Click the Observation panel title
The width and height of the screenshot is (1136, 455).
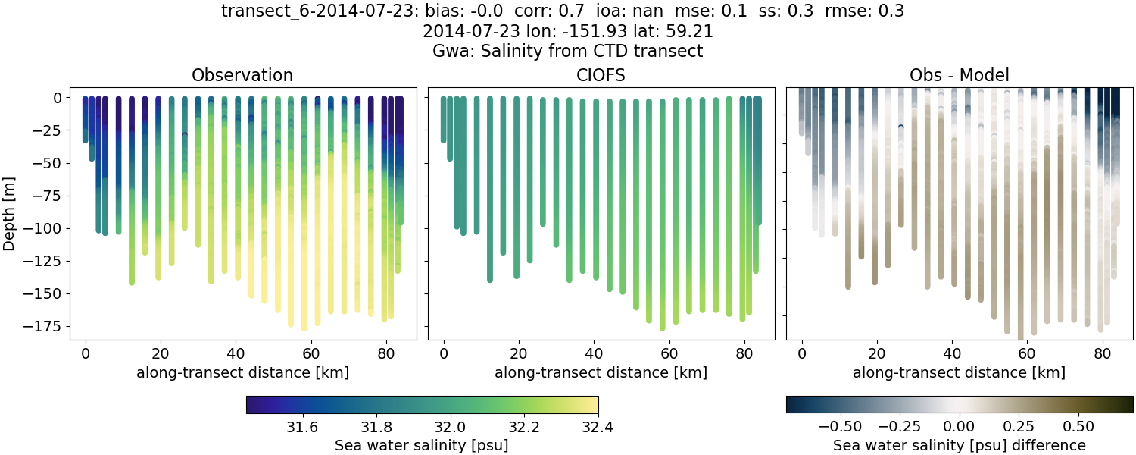[x=242, y=75]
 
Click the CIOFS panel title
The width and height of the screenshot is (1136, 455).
[x=601, y=75]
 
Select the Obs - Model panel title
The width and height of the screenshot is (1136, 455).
[x=959, y=75]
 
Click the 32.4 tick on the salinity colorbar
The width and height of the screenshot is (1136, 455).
[x=598, y=425]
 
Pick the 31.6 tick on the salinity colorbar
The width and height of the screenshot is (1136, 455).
[x=303, y=425]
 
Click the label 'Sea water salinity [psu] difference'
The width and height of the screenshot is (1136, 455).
[x=960, y=445]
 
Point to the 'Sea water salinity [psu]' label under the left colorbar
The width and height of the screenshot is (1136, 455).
[x=421, y=445]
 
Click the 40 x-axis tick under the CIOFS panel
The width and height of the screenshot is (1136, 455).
[x=594, y=353]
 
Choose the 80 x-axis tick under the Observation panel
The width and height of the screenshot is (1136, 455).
[x=386, y=353]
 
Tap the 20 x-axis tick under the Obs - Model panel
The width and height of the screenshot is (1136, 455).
[x=877, y=353]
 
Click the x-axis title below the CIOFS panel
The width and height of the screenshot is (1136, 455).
[x=601, y=372]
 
